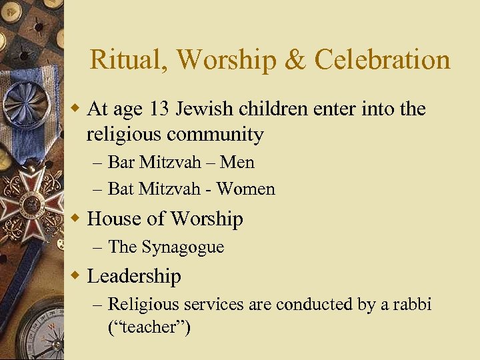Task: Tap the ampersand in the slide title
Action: coord(295,60)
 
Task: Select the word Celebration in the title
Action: coord(382,60)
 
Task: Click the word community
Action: coord(215,135)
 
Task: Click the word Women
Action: coord(245,189)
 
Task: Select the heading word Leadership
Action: coord(134,276)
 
